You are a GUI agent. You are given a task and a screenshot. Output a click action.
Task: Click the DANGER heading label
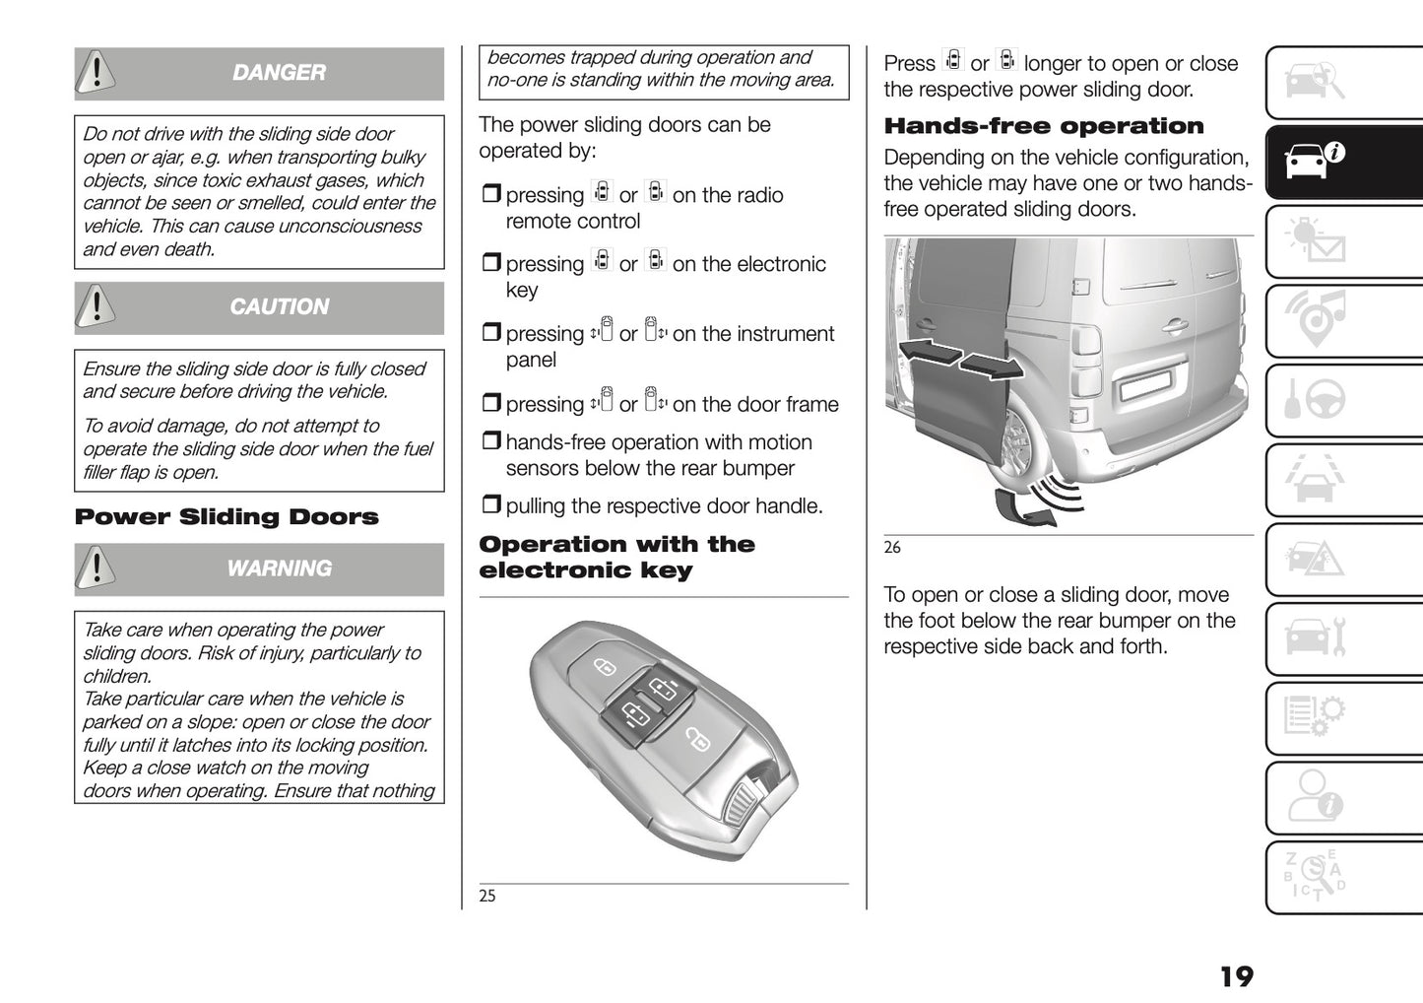pos(279,73)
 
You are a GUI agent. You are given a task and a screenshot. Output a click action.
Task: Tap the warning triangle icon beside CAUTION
pos(96,306)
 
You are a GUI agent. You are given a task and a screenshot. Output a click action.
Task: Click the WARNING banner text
pos(279,568)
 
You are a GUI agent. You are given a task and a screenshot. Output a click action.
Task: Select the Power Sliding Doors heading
pos(226,517)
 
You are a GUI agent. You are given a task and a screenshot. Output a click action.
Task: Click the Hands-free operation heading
pos(1044,126)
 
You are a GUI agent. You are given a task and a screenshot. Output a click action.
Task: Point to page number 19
pos(1236,976)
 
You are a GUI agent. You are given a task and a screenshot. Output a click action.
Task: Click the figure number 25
pos(487,896)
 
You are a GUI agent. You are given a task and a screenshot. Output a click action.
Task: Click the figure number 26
pos(892,548)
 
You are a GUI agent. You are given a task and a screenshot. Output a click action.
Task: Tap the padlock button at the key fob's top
pos(604,667)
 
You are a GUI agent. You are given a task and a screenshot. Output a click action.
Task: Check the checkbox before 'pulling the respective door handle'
pos(490,505)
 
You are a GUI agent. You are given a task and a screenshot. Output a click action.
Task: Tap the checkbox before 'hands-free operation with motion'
pos(490,441)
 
